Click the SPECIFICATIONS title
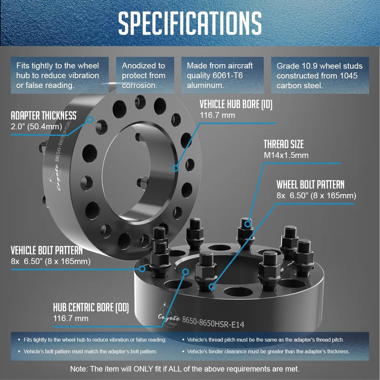(190, 23)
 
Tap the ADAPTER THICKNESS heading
(44, 116)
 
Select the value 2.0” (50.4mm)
(36, 127)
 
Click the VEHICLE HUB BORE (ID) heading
(236, 104)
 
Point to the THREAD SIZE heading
(284, 144)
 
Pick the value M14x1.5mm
(286, 155)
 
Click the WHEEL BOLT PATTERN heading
(311, 185)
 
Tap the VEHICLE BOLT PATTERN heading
(46, 250)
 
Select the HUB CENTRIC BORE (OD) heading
(91, 307)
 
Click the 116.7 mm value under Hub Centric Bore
(71, 318)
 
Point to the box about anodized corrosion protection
(145, 75)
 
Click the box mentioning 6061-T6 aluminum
(222, 75)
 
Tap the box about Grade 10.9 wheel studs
(320, 75)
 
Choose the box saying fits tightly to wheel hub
(60, 75)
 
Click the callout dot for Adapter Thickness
(90, 119)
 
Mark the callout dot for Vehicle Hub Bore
(176, 168)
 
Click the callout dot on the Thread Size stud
(247, 224)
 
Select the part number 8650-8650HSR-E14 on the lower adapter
(213, 322)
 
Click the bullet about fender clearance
(266, 351)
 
